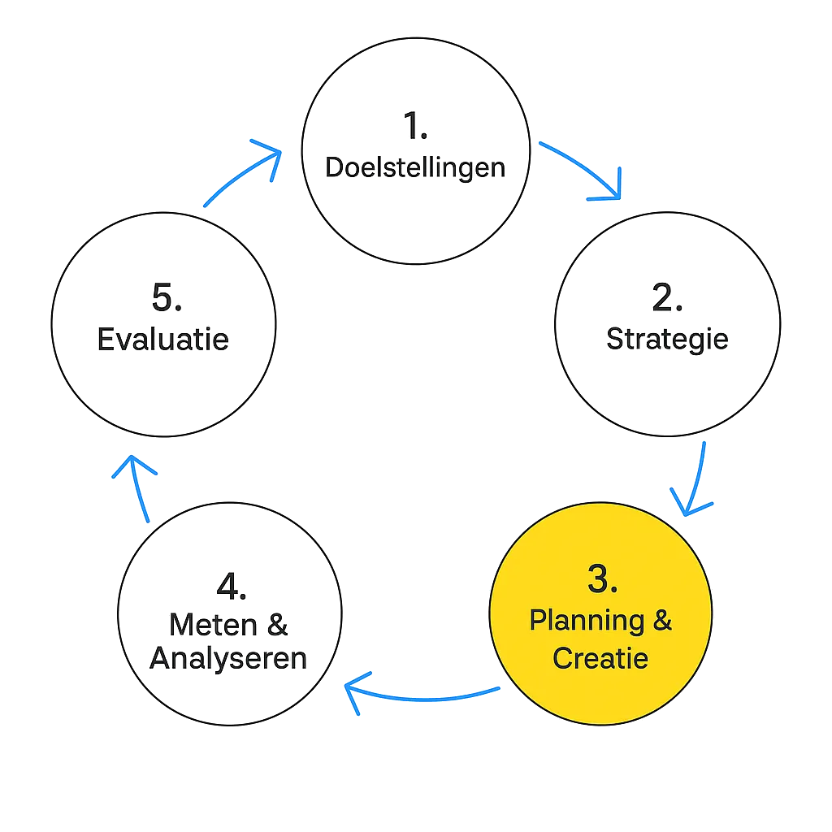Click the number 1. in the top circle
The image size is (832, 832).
coord(415,127)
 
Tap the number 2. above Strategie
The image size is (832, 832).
coord(666,299)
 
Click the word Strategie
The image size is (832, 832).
coord(666,339)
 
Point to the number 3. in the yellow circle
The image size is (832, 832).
coord(602,579)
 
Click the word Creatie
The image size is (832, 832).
coord(600,658)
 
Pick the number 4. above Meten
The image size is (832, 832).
coord(231,591)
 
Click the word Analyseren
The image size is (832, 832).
coord(230,658)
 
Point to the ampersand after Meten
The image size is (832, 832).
coord(279,626)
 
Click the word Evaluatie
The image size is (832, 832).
coord(162,339)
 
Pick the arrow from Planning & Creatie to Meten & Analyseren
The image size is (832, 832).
coord(422,695)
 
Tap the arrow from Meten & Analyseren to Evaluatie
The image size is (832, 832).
coord(136,487)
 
